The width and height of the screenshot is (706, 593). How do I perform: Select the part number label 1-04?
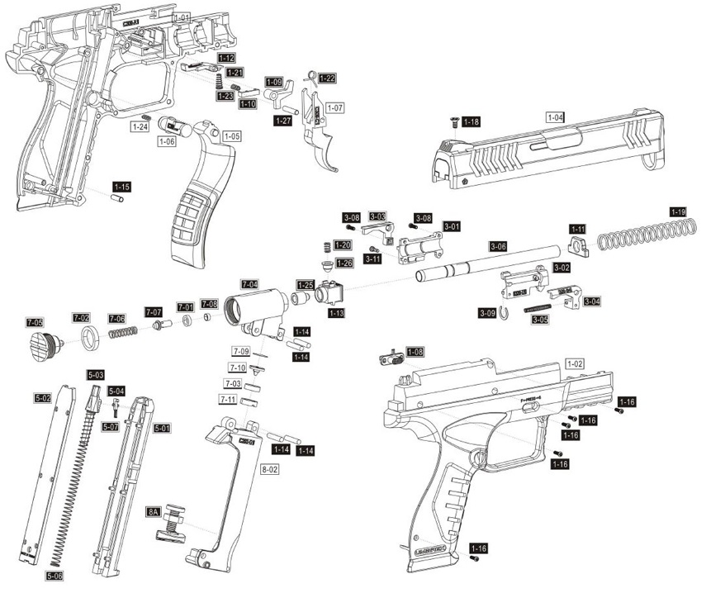[556, 117]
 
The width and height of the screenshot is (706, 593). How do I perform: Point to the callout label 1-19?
[678, 211]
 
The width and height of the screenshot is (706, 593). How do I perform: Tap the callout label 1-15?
[121, 187]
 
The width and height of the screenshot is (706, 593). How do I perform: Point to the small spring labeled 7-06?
[122, 332]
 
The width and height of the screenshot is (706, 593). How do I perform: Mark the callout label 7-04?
[249, 283]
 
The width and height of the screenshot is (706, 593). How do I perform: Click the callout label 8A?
[154, 511]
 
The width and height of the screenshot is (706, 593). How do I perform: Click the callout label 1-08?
[415, 352]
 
